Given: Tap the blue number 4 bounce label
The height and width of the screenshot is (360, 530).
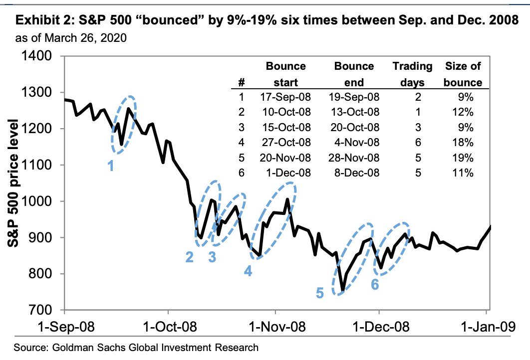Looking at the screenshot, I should [x=248, y=271].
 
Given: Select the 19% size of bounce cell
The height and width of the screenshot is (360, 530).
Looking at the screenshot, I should [x=462, y=158].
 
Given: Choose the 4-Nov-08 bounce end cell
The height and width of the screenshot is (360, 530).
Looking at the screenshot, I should [x=356, y=143].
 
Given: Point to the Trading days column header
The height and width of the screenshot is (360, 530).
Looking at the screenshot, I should [x=411, y=74].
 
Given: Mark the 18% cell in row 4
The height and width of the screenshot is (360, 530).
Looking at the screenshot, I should [x=462, y=143].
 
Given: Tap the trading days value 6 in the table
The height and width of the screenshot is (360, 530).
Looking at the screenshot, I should [x=418, y=143].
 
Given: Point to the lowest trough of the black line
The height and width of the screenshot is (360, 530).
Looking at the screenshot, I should [x=342, y=291].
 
